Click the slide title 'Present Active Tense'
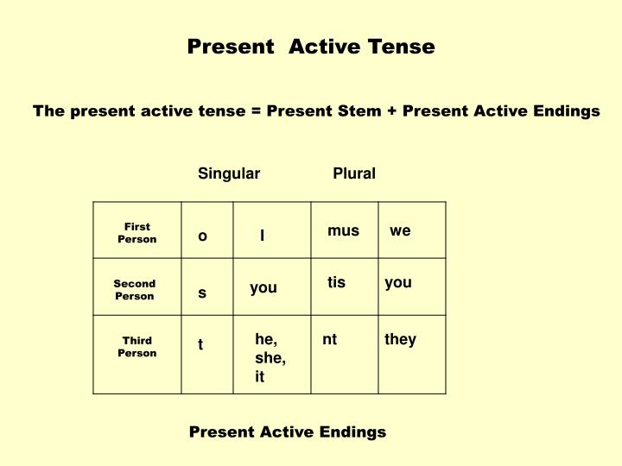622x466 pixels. pos(311,47)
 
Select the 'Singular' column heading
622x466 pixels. pos(229,173)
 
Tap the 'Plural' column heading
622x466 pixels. pos(354,173)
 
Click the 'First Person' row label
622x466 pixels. pos(137,233)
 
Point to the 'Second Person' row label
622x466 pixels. pos(135,289)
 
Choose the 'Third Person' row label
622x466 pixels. pos(137,347)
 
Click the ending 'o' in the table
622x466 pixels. pos(203,236)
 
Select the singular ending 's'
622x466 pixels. pos(202,293)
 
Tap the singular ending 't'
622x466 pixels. pos(200,345)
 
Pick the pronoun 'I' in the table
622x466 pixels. pos(263,235)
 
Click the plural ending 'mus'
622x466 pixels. pos(343,230)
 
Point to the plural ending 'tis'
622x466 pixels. pos(336,282)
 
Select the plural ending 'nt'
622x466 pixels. pos(329,340)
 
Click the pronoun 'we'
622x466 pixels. pos(400,230)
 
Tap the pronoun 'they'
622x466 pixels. pos(400,340)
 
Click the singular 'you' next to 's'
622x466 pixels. pos(263,288)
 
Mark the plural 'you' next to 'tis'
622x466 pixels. pos(398,282)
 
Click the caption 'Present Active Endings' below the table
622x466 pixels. pos(288,431)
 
